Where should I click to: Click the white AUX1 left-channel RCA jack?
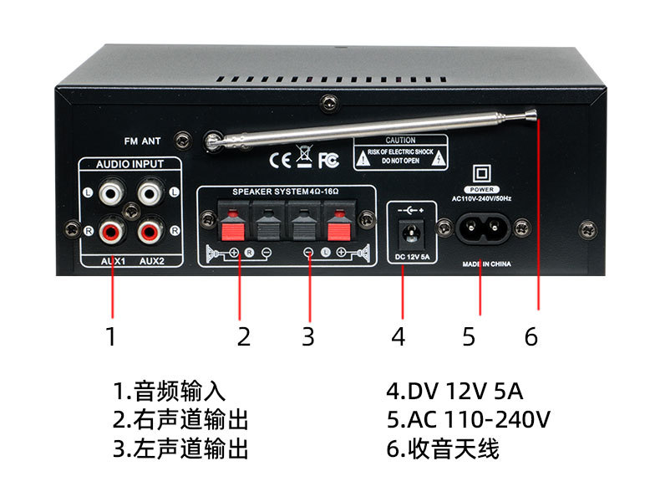point(112,193)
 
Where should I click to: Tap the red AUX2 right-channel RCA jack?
point(150,231)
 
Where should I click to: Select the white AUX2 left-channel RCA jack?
point(150,193)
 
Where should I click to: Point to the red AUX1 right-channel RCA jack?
point(112,231)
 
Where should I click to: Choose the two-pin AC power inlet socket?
point(482,228)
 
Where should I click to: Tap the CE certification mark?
point(280,160)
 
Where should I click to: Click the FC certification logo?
point(328,160)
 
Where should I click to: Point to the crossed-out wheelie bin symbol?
point(304,156)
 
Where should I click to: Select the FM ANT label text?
point(142,141)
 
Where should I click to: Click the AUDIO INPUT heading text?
point(129,164)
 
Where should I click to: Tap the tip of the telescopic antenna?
point(532,113)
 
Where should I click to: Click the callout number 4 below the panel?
point(399,336)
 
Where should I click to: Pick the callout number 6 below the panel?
point(531,336)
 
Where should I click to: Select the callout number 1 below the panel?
point(111,336)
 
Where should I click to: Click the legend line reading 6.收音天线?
point(443,449)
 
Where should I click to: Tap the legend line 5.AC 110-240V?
point(468,419)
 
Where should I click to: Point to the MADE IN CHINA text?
point(486,264)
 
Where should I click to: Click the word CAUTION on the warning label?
point(400,140)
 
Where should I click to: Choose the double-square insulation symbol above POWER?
point(482,173)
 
